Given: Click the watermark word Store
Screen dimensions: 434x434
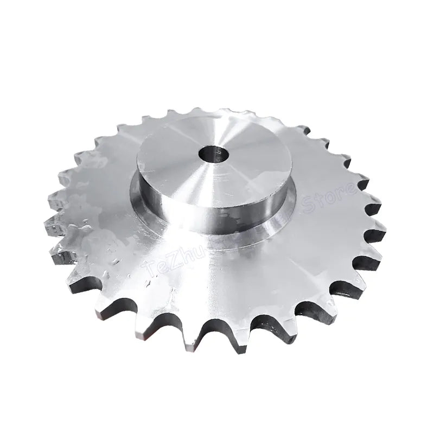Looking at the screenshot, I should tap(331, 201).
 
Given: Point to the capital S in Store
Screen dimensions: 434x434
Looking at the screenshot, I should tap(312, 208).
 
